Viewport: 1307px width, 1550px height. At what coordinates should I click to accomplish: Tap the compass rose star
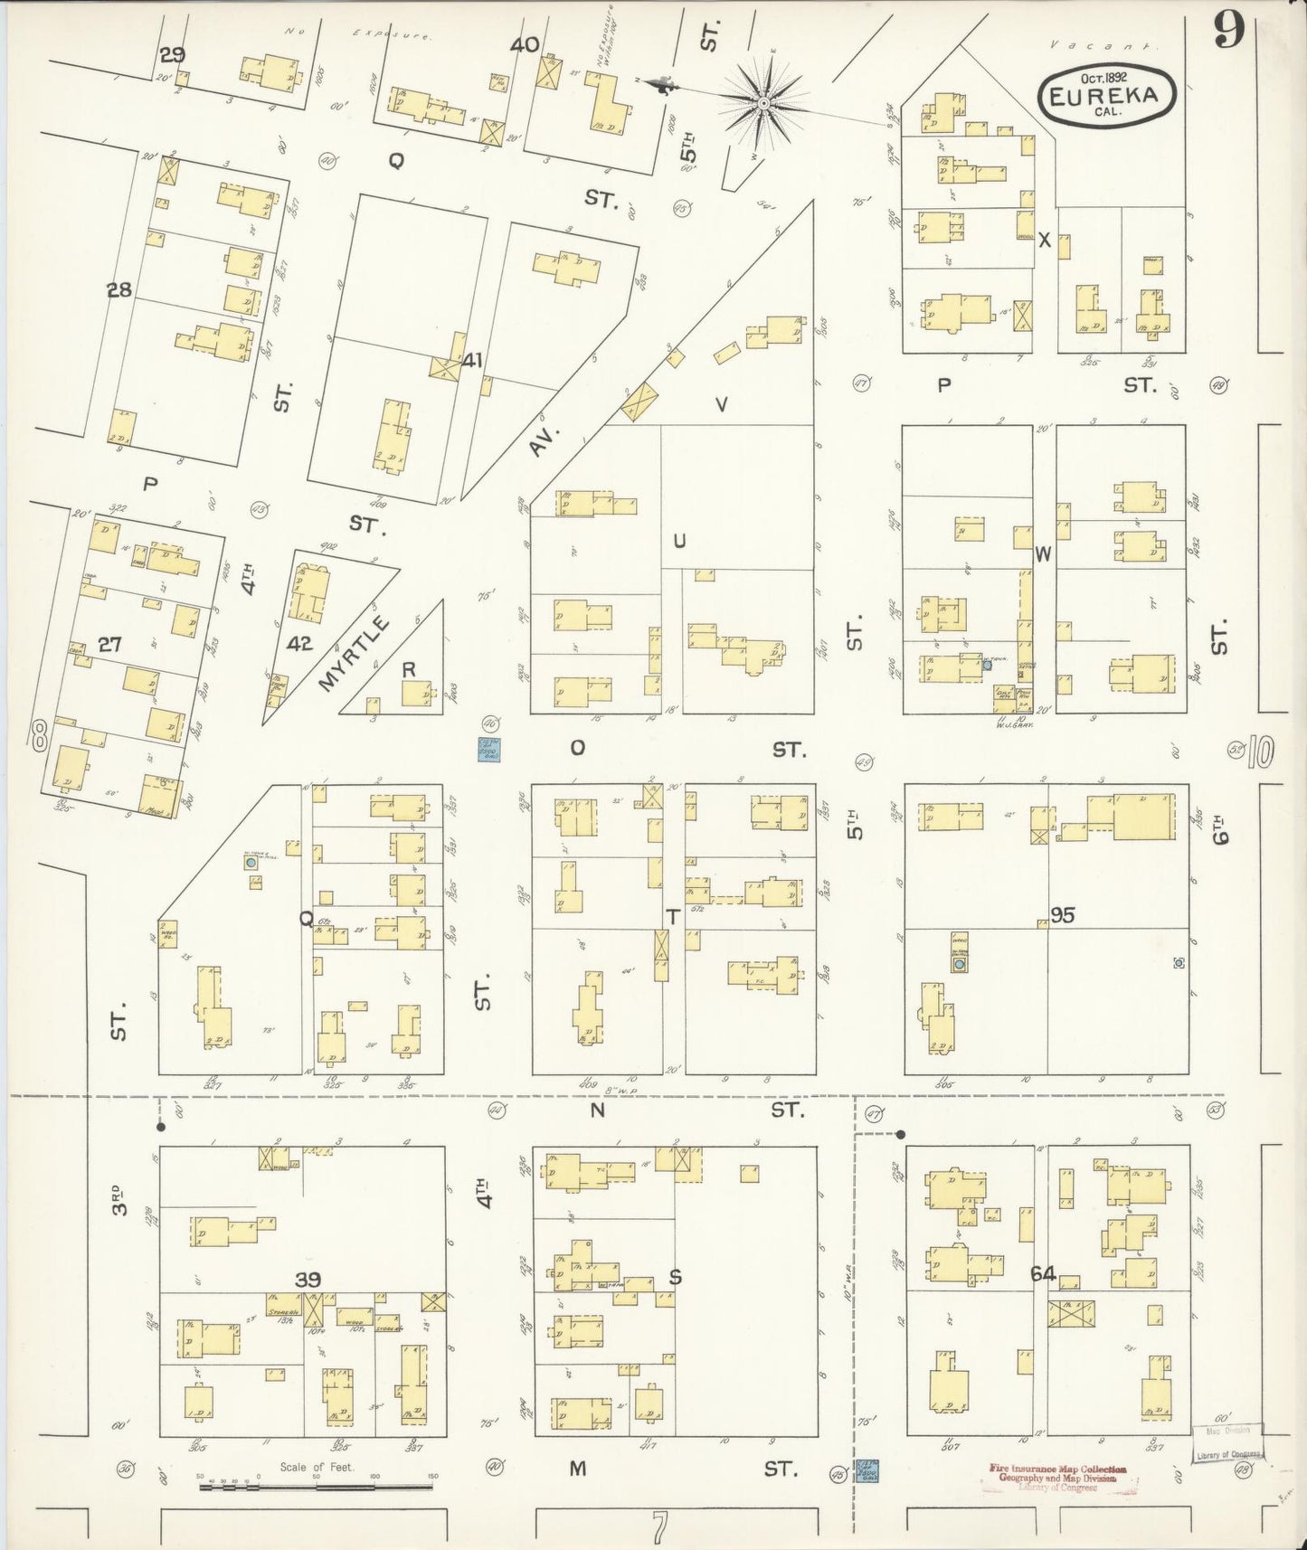coord(765,104)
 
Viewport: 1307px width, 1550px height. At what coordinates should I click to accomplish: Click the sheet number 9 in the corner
coord(1229,31)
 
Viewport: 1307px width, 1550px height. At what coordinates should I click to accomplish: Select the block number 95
coord(1062,915)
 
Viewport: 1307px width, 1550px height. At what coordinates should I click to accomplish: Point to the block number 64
coord(1043,1273)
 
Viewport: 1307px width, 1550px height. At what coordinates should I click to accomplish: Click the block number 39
coord(308,1279)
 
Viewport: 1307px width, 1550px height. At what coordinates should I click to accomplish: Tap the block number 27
coord(109,645)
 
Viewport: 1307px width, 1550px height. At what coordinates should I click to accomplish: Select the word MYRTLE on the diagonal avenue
coord(355,654)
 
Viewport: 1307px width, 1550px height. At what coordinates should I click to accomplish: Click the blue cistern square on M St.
coord(867,1470)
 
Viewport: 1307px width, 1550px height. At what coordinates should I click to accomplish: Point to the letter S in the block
coord(674,1277)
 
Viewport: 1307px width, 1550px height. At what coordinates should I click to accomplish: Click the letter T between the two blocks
coord(672,917)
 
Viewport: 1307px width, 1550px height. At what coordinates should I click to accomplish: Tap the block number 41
coord(471,360)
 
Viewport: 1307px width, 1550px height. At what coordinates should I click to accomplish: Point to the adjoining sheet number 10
coord(1260,751)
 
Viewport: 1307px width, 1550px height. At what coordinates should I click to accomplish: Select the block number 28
coord(119,290)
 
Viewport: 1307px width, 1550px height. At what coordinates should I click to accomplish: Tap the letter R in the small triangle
coord(409,669)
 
